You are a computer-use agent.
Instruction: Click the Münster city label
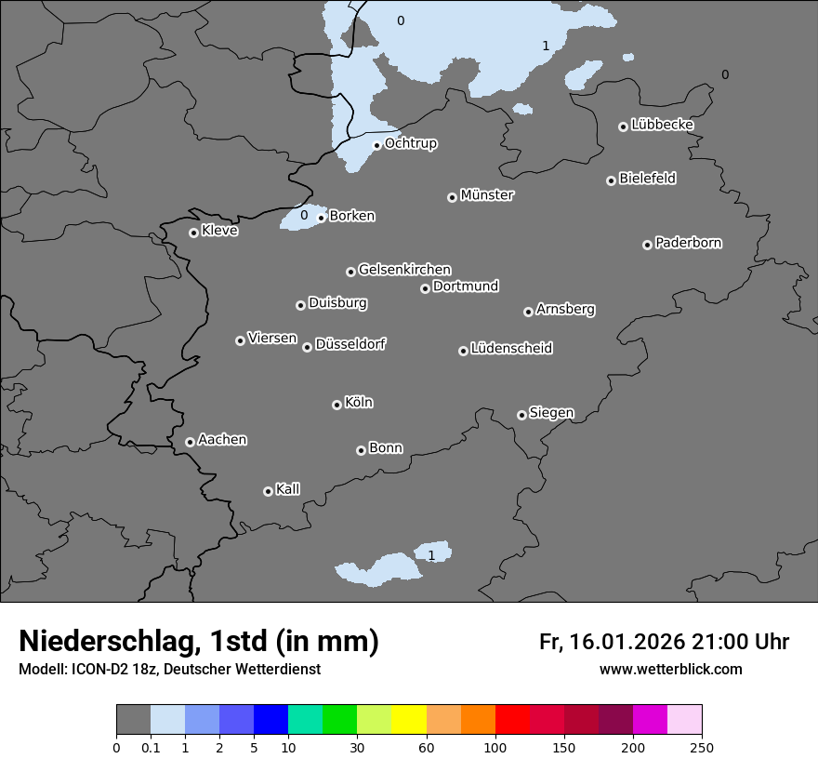click(487, 195)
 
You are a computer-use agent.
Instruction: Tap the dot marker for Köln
click(336, 405)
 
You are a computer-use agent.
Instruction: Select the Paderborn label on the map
click(689, 243)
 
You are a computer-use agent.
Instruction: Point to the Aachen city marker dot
click(190, 442)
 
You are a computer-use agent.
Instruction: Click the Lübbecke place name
click(662, 125)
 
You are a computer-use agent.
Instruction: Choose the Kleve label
click(220, 231)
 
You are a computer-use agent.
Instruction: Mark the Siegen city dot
click(521, 415)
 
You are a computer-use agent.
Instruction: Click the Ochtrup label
click(411, 143)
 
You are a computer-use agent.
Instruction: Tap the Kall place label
click(288, 489)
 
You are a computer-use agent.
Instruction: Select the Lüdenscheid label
click(511, 349)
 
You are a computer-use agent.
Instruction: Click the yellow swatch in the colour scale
click(409, 720)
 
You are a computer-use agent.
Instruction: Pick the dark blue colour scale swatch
click(270, 720)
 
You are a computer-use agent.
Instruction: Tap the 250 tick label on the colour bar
click(702, 747)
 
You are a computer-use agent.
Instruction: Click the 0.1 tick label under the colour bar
click(151, 747)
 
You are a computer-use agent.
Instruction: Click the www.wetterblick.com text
click(670, 670)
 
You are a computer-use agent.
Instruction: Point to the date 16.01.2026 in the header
click(624, 642)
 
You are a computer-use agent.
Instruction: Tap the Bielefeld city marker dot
click(611, 180)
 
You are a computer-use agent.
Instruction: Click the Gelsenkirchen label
click(404, 270)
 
